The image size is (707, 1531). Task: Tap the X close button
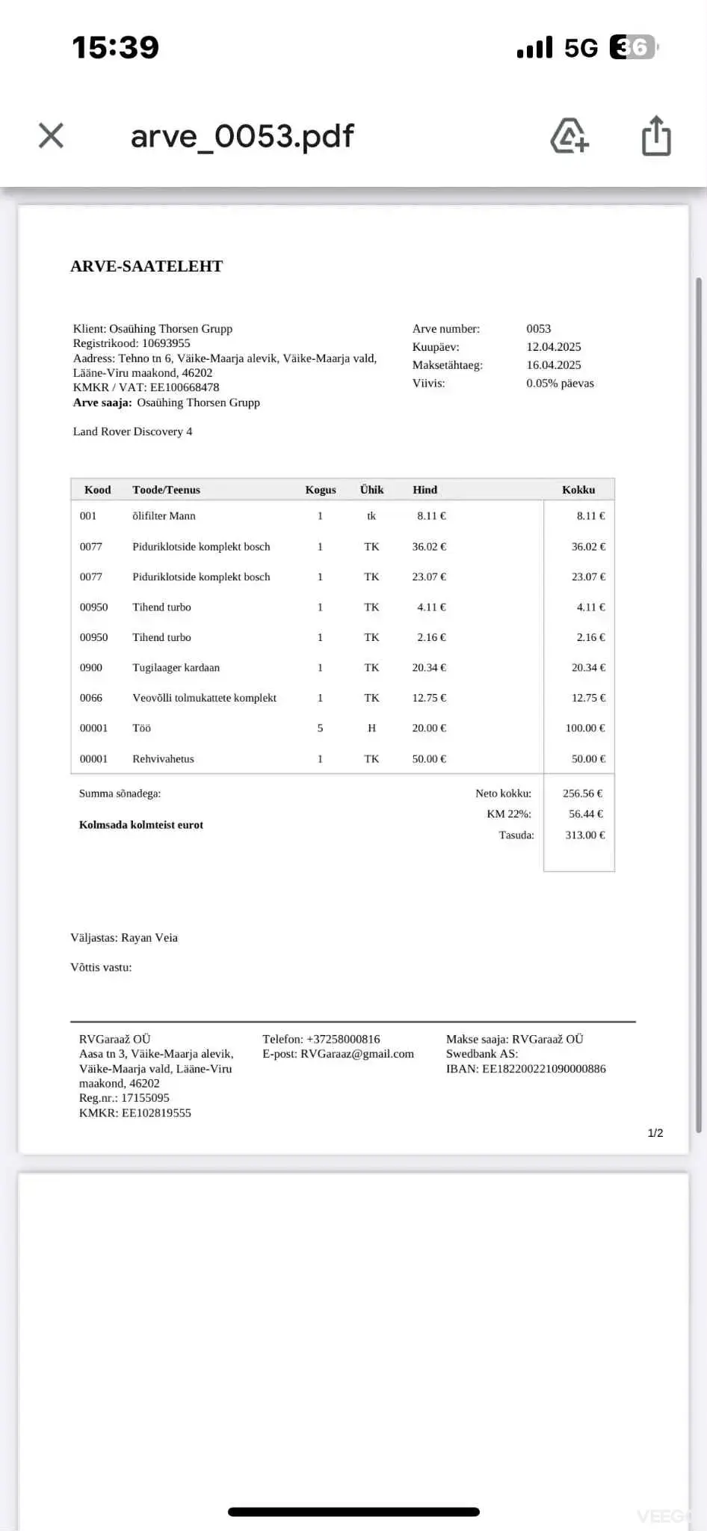pyautogui.click(x=51, y=135)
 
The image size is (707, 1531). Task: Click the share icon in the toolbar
pyautogui.click(x=656, y=135)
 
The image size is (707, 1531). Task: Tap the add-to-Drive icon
pyautogui.click(x=569, y=135)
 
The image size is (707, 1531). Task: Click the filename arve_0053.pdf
pyautogui.click(x=242, y=136)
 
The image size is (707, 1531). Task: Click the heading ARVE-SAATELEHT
pyautogui.click(x=146, y=266)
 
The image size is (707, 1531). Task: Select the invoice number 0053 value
pyautogui.click(x=538, y=328)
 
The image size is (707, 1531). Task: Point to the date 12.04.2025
pyautogui.click(x=553, y=346)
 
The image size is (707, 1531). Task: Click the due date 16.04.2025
pyautogui.click(x=553, y=365)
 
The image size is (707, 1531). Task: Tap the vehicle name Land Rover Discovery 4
pyautogui.click(x=132, y=432)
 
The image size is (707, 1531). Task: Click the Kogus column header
pyautogui.click(x=320, y=490)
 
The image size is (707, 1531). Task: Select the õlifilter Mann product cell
pyautogui.click(x=164, y=516)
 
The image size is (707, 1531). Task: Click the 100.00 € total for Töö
pyautogui.click(x=585, y=728)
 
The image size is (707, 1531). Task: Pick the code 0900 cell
pyautogui.click(x=91, y=667)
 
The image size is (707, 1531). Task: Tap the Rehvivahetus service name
pyautogui.click(x=163, y=758)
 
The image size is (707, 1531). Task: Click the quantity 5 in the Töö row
pyautogui.click(x=320, y=728)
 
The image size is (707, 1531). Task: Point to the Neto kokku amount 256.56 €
pyautogui.click(x=582, y=793)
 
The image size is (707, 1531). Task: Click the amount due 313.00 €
pyautogui.click(x=584, y=835)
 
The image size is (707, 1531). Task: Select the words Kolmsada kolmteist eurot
pyautogui.click(x=141, y=825)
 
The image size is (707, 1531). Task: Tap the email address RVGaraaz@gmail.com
pyautogui.click(x=356, y=1054)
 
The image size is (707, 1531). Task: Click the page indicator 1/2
pyautogui.click(x=655, y=1133)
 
